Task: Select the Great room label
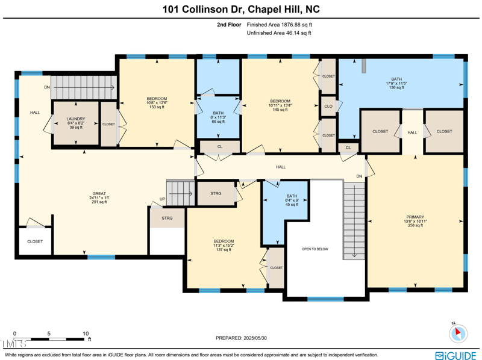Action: click(99, 198)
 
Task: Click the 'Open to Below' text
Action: click(315, 249)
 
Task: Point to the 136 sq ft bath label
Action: click(396, 83)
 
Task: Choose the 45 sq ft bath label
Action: click(292, 200)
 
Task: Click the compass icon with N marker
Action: click(458, 332)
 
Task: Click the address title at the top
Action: click(241, 9)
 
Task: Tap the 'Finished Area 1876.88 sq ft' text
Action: click(280, 25)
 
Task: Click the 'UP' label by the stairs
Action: click(162, 199)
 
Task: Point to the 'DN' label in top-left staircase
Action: click(47, 87)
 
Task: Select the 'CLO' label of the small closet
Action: click(328, 106)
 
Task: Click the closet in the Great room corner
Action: click(35, 241)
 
